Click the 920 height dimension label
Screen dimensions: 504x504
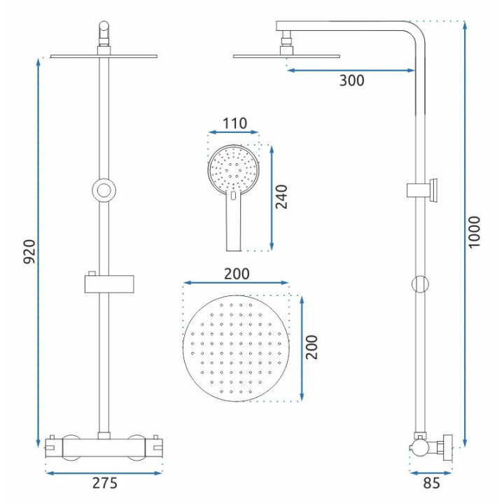pos(29,252)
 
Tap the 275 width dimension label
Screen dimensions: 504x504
pos(105,483)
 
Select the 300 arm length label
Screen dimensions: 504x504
pos(351,80)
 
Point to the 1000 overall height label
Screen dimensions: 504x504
pos(474,232)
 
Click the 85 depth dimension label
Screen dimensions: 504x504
pos(431,483)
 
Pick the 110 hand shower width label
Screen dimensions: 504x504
pos(235,123)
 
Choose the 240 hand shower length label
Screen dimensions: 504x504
pos(281,197)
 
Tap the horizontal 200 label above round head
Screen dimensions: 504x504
pos(237,274)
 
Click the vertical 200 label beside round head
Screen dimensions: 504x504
pos(311,347)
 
